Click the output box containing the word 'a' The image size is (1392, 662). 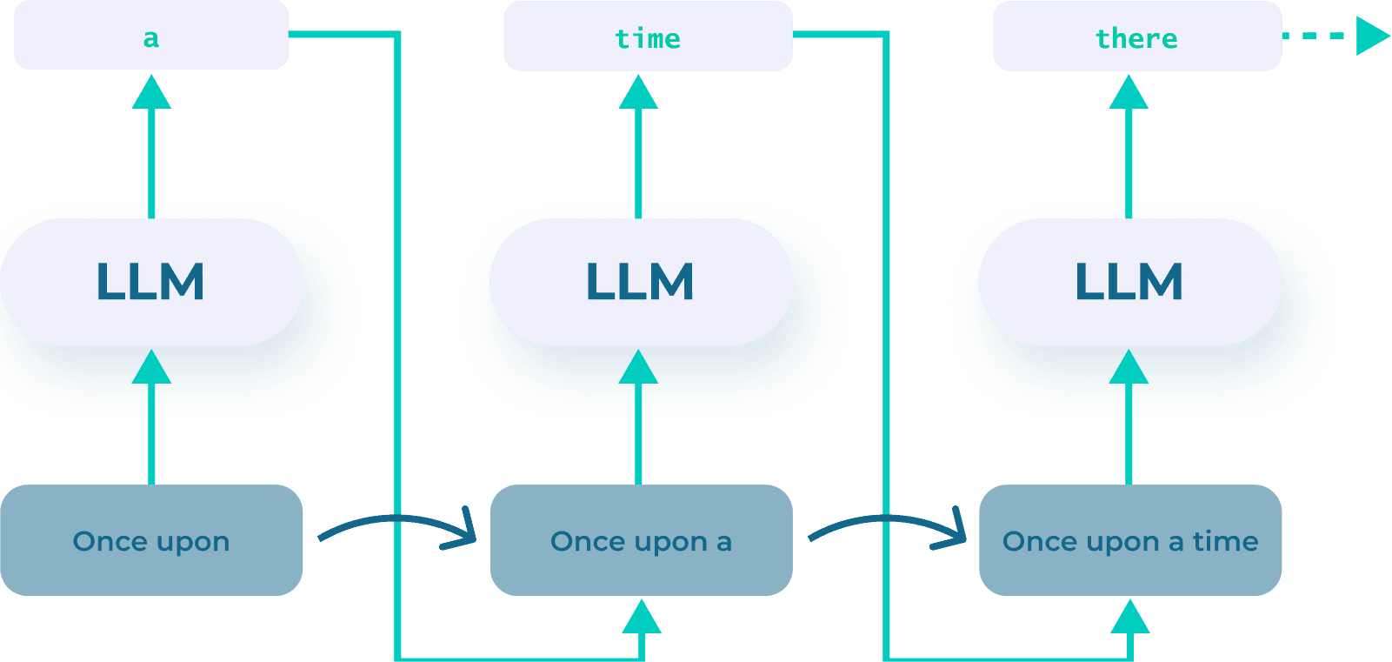pos(151,36)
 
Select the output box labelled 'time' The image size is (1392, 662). pos(648,36)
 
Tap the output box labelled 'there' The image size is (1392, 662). pos(1136,36)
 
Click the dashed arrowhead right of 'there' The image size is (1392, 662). pos(1371,36)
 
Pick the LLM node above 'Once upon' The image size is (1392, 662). pos(151,282)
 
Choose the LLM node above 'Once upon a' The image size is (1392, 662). pos(641,282)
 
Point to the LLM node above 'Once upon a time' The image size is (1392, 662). pos(1129,282)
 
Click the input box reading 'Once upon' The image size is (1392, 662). pos(151,540)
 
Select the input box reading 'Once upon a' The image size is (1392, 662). pos(641,540)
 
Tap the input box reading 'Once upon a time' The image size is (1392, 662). pos(1129,540)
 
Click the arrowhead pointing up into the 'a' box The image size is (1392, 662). pos(151,92)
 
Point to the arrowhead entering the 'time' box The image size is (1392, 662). pos(639,92)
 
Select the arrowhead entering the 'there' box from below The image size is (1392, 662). pos(1129,92)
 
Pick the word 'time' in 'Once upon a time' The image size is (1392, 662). pos(1225,541)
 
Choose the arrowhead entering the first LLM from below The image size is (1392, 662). pos(151,367)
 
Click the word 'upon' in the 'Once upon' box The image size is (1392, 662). pos(195,542)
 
